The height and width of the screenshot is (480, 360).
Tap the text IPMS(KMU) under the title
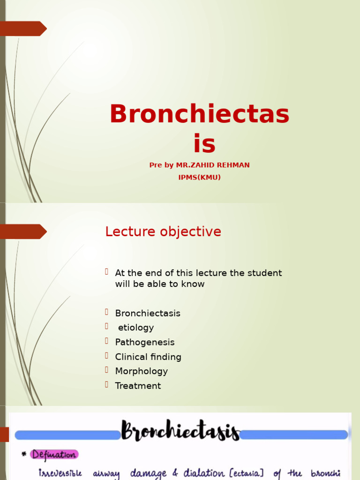tap(199, 177)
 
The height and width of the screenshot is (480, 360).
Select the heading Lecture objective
tap(163, 232)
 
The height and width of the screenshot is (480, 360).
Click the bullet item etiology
tap(135, 328)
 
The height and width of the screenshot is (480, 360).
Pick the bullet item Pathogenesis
tap(145, 342)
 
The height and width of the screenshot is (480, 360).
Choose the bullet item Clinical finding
tap(148, 357)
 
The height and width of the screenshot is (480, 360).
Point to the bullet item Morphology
tap(142, 371)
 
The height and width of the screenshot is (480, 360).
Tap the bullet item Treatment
tap(138, 386)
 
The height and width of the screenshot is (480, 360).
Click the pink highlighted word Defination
tap(54, 454)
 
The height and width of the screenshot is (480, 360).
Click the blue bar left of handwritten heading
tap(67, 435)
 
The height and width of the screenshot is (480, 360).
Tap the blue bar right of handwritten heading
tap(294, 435)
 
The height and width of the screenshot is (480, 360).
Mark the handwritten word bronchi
tap(326, 474)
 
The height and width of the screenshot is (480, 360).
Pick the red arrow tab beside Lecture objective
tap(23, 232)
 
